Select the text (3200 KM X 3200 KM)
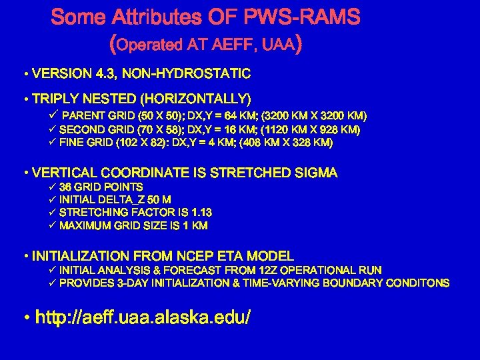point(313,116)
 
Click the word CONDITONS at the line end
point(418,283)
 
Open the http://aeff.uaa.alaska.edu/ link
point(143,318)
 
